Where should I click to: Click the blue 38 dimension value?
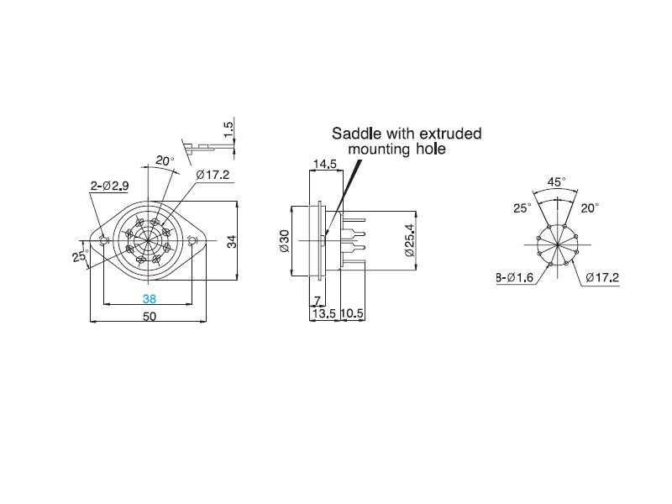tap(150, 299)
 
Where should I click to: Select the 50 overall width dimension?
tap(150, 317)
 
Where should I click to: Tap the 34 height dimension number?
tap(232, 241)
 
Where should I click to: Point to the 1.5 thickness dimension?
tap(229, 129)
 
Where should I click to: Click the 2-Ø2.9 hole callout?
tap(110, 186)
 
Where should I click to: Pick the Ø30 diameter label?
tap(285, 241)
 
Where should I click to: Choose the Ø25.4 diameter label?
tap(410, 240)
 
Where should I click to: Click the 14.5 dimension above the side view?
tap(325, 164)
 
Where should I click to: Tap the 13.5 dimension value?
tap(324, 313)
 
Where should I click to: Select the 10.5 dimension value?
tap(352, 313)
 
